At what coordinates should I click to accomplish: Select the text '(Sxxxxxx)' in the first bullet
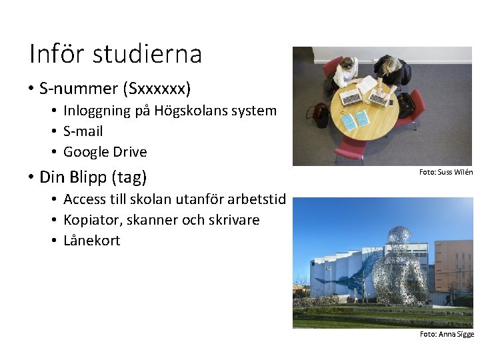pyautogui.click(x=159, y=88)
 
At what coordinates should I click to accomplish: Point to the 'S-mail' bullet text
pyautogui.click(x=83, y=131)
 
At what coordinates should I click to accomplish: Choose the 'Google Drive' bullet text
pyautogui.click(x=105, y=152)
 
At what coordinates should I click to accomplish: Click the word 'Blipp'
pyautogui.click(x=89, y=177)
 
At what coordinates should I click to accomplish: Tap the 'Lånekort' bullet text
pyautogui.click(x=91, y=241)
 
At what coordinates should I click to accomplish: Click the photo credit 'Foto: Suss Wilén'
pyautogui.click(x=445, y=172)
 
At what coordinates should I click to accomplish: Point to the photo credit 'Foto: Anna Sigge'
pyautogui.click(x=446, y=334)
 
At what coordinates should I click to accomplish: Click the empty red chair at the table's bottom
pyautogui.click(x=351, y=150)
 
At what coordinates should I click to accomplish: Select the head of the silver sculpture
pyautogui.click(x=399, y=237)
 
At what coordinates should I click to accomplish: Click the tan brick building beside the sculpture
pyautogui.click(x=453, y=263)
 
